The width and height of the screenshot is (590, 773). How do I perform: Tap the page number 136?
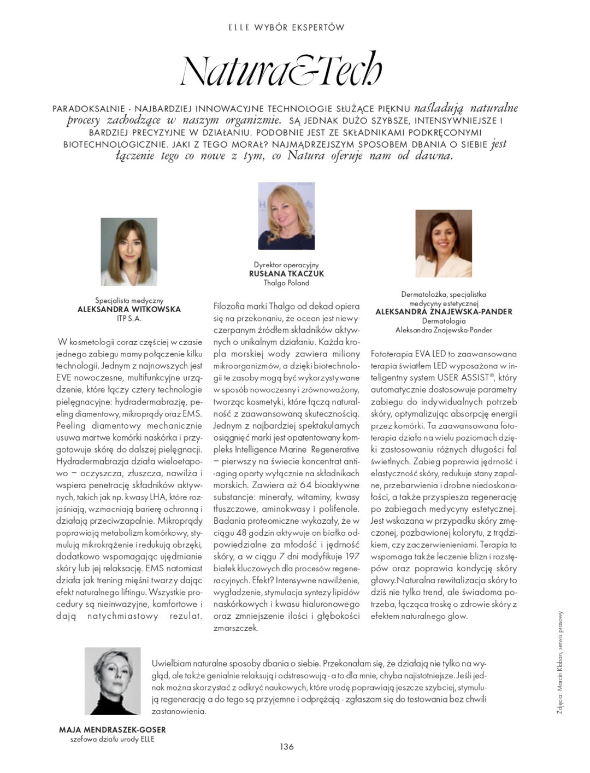287,747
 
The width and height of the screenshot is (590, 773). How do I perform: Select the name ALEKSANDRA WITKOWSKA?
129,309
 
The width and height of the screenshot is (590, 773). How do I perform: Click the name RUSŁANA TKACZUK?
286,274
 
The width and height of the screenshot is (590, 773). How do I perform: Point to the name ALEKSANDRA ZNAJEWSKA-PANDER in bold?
444,312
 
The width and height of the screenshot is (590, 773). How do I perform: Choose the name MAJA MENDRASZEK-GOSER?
112,730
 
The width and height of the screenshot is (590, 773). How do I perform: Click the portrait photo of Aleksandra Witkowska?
129,251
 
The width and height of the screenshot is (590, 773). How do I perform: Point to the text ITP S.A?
129,318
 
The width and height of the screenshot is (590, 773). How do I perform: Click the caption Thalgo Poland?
286,283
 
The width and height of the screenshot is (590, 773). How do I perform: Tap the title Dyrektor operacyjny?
286,265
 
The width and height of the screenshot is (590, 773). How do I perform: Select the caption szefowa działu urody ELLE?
113,740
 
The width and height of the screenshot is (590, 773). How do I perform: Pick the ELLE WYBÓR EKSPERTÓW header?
286,27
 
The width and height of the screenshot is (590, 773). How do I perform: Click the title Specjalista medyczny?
129,300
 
